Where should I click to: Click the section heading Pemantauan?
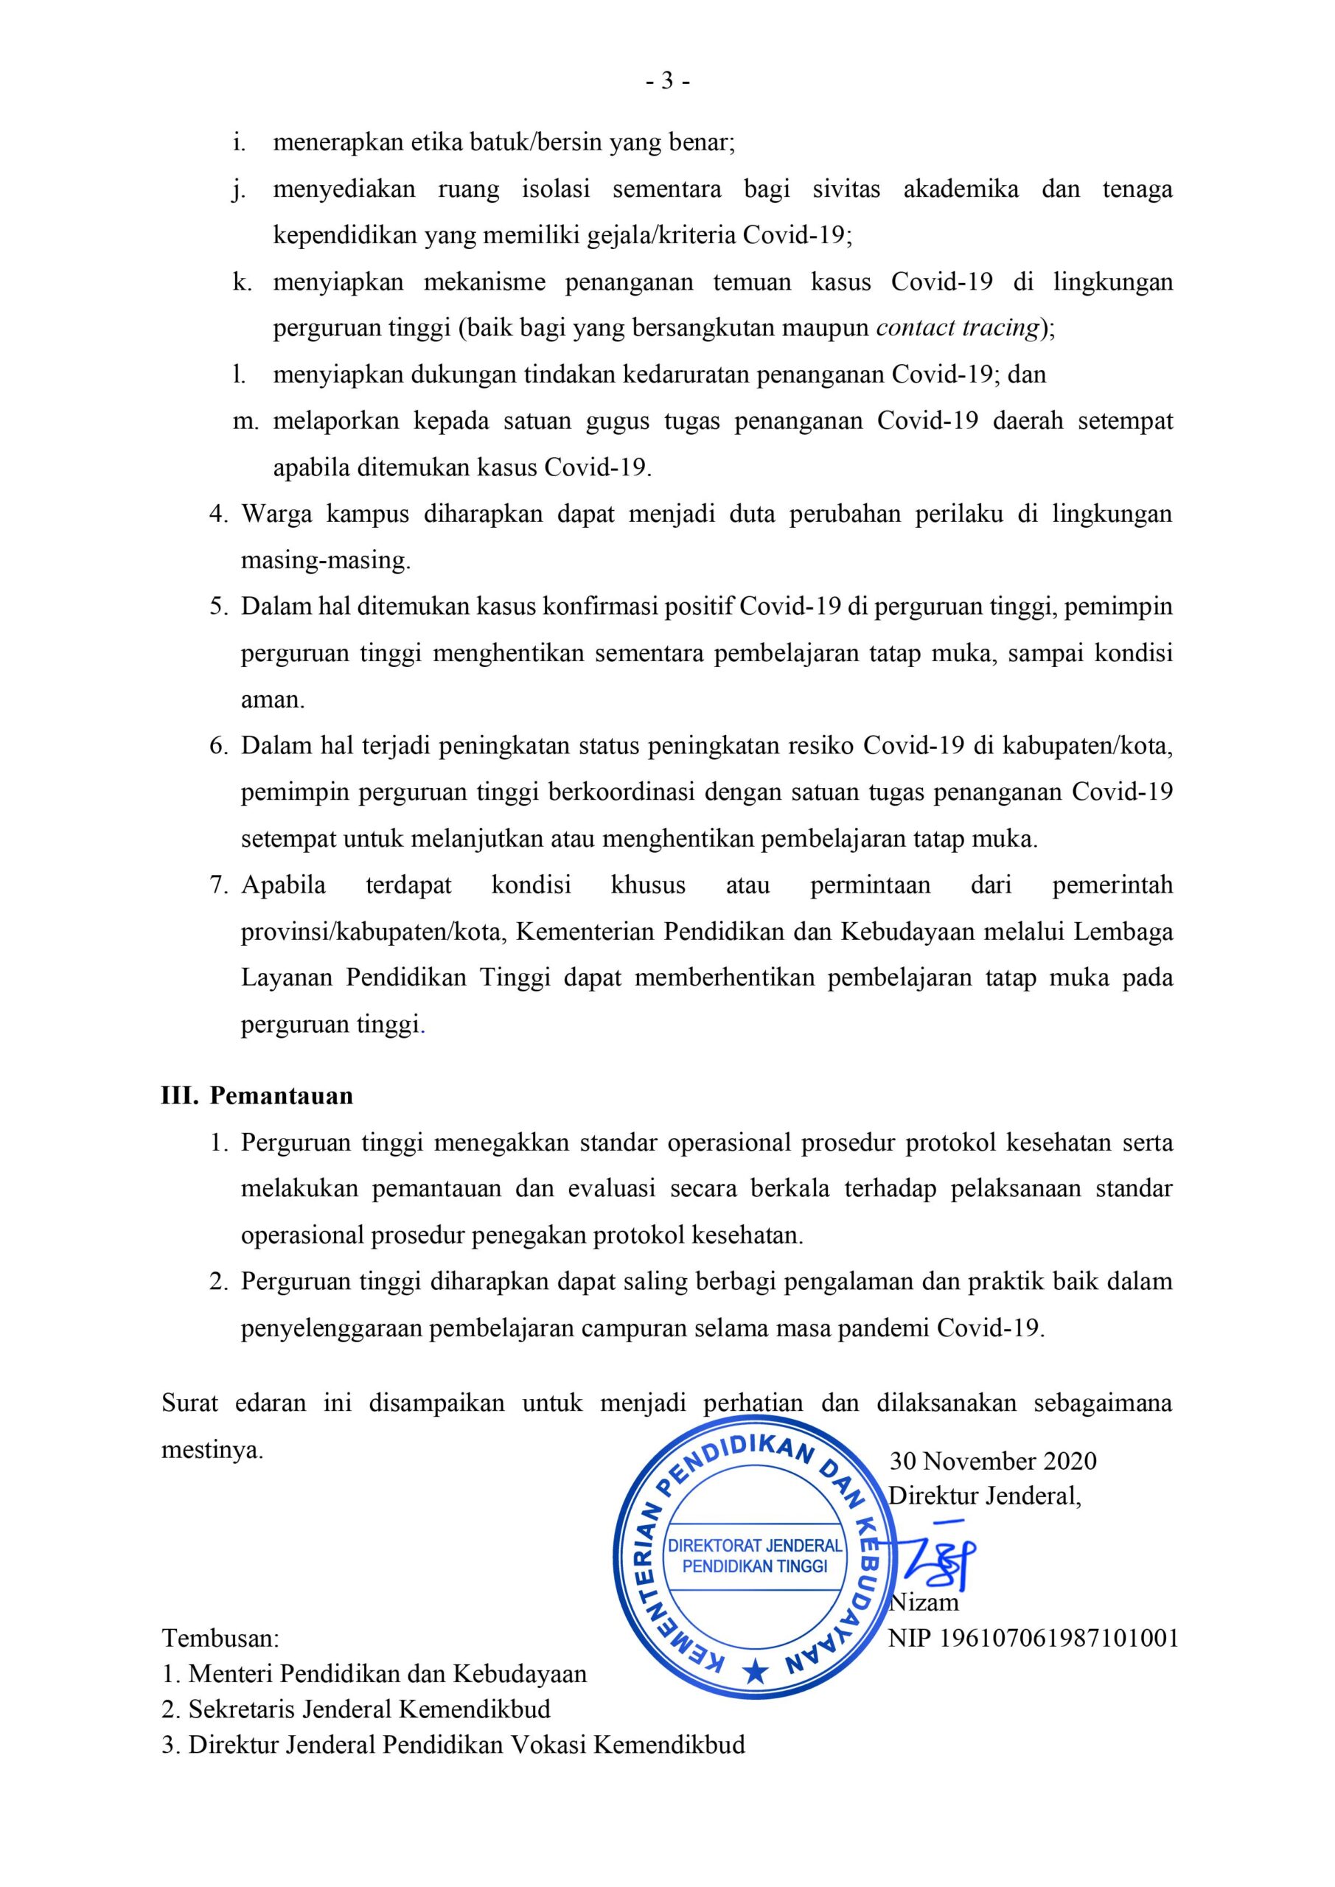point(281,1095)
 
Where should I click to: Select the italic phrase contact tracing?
point(958,328)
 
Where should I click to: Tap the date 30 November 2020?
point(993,1460)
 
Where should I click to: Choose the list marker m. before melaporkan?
point(245,422)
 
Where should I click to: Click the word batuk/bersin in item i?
point(537,142)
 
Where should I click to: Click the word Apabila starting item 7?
point(284,885)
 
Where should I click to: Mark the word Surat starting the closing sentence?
point(190,1403)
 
